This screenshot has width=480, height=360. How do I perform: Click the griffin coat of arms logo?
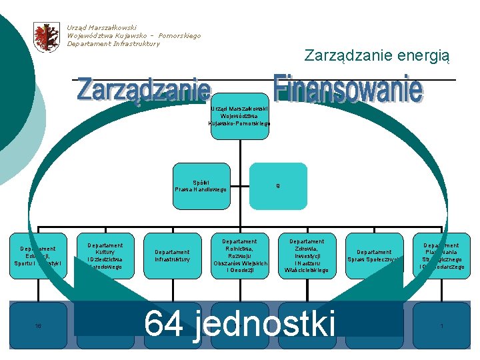click(47, 37)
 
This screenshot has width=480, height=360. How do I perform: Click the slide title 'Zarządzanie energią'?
click(377, 56)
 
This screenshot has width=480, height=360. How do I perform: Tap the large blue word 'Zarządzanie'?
click(144, 90)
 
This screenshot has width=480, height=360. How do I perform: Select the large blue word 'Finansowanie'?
click(348, 89)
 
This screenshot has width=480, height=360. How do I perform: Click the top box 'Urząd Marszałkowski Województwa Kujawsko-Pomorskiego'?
click(239, 116)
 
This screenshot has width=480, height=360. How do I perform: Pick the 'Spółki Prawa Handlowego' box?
click(201, 186)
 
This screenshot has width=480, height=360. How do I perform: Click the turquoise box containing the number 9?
click(278, 186)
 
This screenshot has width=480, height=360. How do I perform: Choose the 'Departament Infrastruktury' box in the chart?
click(172, 256)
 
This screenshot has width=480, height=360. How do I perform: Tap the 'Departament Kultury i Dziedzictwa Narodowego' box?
click(105, 256)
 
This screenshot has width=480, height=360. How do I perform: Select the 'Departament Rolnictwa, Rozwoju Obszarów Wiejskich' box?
click(239, 256)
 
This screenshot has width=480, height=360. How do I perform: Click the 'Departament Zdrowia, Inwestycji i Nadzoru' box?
click(307, 256)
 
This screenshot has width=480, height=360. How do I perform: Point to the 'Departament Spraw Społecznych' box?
click(374, 256)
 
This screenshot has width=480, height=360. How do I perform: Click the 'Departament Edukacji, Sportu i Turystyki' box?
click(38, 256)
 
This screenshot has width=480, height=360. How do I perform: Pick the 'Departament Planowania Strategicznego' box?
click(441, 256)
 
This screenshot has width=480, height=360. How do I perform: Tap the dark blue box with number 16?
click(38, 326)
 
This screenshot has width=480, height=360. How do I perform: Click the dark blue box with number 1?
click(441, 326)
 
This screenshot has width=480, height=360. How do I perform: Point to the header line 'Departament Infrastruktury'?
click(113, 44)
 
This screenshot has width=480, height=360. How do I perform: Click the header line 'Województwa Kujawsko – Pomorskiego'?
click(133, 36)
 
